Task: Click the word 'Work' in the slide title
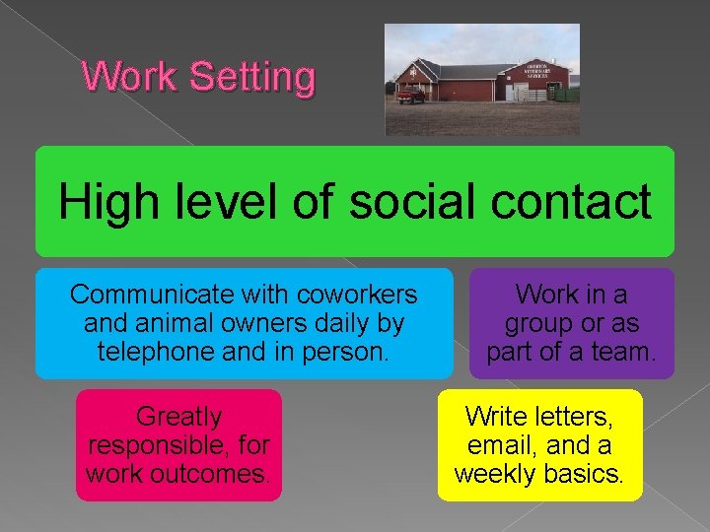pos(128,76)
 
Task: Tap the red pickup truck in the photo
pos(410,95)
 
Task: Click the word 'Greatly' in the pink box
pos(178,417)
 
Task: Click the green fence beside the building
pos(570,95)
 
